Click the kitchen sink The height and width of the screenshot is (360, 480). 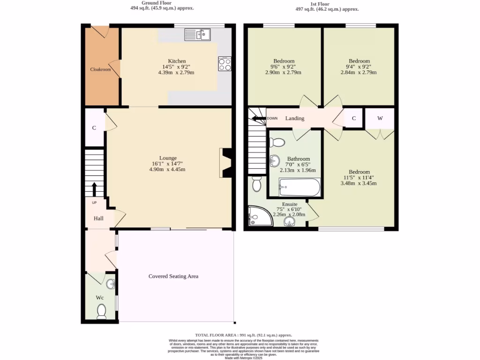click(197, 34)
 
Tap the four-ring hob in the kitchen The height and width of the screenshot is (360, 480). click(225, 64)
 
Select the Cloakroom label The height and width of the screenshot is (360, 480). click(101, 69)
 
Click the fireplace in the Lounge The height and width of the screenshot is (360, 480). click(226, 163)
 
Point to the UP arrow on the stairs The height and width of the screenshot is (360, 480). click(94, 189)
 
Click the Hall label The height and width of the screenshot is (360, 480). click(98, 218)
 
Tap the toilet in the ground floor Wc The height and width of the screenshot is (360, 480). click(101, 311)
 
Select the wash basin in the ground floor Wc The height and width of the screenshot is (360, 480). click(111, 284)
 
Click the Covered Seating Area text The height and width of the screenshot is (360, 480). click(173, 276)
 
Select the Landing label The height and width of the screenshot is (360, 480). click(295, 118)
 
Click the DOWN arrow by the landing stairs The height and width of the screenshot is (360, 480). click(259, 118)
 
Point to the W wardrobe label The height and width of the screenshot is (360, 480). click(380, 118)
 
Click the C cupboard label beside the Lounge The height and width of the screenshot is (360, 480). click(94, 127)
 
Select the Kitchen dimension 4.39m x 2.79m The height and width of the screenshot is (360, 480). click(176, 73)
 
